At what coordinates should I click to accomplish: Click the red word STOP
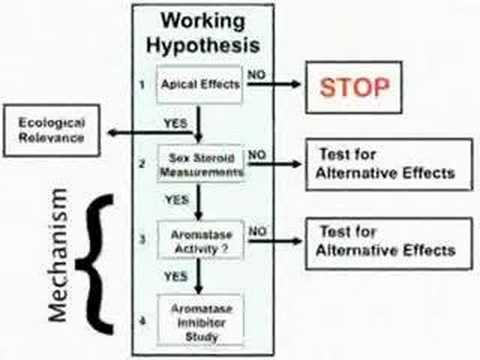(x=354, y=87)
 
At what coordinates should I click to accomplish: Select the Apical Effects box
(x=200, y=84)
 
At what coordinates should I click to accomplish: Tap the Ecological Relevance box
(x=52, y=130)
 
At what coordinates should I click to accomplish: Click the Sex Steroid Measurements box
(x=201, y=164)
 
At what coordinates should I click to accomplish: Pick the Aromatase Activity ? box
(x=201, y=240)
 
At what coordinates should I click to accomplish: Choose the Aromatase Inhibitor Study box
(x=201, y=320)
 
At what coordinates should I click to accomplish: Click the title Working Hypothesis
(x=203, y=33)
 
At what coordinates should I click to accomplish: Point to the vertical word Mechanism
(x=58, y=255)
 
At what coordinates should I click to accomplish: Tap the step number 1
(x=142, y=85)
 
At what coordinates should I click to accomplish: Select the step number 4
(x=142, y=321)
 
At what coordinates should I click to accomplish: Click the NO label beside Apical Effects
(x=256, y=75)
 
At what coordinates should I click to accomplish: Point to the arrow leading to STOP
(x=274, y=84)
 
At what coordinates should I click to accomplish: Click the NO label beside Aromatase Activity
(x=258, y=231)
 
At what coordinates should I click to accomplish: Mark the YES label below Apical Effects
(x=176, y=123)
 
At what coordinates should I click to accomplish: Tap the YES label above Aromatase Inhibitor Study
(x=176, y=276)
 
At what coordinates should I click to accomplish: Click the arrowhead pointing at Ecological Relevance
(x=113, y=133)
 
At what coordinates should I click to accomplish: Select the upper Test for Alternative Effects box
(x=389, y=164)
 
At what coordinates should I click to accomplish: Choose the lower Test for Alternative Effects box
(x=389, y=243)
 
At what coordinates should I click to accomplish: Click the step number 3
(x=142, y=239)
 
